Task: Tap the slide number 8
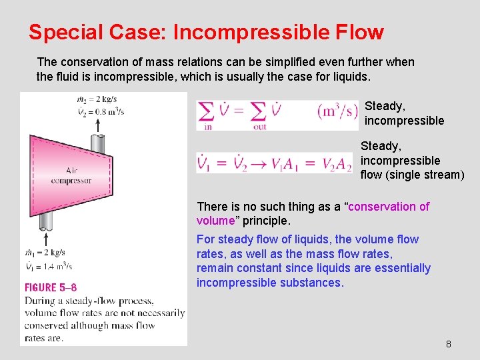pyautogui.click(x=448, y=344)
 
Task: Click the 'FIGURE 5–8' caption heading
pyautogui.click(x=51, y=287)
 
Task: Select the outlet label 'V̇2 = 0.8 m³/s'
pyautogui.click(x=100, y=112)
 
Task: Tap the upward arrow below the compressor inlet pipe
pyautogui.click(x=45, y=238)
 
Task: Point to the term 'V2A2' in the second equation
pyautogui.click(x=337, y=163)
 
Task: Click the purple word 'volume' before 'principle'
pyautogui.click(x=215, y=221)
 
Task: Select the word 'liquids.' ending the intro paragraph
pyautogui.click(x=349, y=77)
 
